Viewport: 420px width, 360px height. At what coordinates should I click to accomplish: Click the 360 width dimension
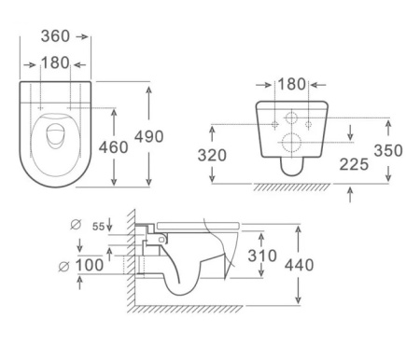click(55, 36)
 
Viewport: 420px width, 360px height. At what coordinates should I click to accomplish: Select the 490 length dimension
click(149, 136)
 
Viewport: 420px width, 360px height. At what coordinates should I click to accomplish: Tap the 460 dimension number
click(113, 147)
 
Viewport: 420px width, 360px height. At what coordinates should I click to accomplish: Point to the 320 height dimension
click(212, 155)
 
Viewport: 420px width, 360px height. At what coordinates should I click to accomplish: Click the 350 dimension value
click(388, 150)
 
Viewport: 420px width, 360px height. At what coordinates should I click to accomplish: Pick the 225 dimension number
click(354, 164)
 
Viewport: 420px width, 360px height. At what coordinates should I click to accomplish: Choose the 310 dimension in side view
click(262, 256)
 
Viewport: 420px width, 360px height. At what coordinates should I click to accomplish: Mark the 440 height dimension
click(300, 265)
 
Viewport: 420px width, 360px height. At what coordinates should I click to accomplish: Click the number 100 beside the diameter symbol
click(90, 265)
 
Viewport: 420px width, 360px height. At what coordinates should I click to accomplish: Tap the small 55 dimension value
click(99, 227)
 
